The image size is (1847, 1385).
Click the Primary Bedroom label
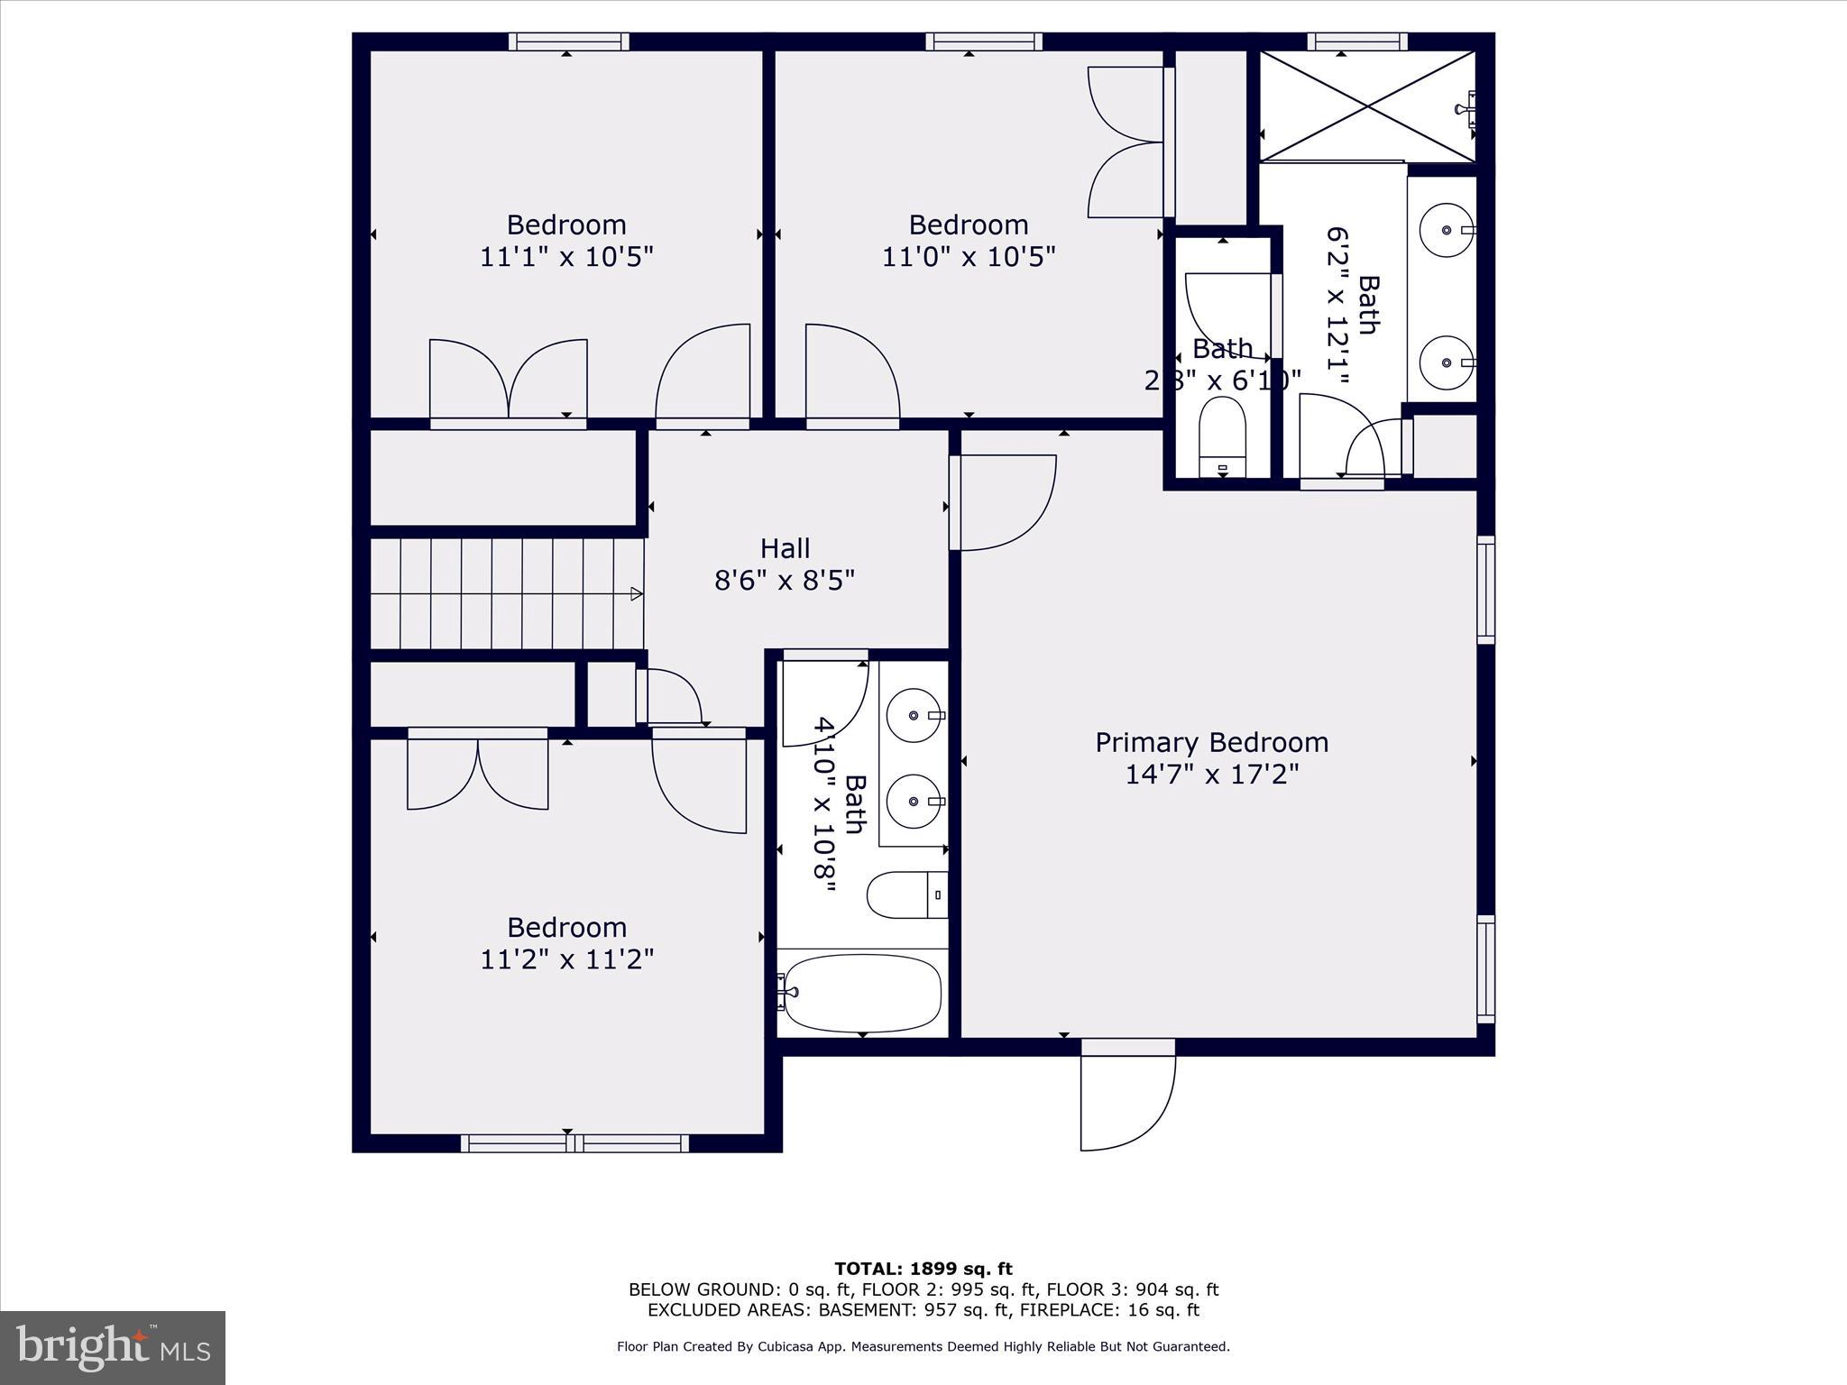pos(1211,742)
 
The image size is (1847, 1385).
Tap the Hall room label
pos(785,548)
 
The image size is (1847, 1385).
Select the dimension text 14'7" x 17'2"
pos(1211,775)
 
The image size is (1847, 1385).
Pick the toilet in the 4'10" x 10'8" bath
pos(905,894)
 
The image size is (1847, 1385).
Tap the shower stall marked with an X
pos(1367,106)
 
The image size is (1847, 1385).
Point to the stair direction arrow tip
pos(639,593)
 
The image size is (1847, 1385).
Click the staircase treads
pos(505,593)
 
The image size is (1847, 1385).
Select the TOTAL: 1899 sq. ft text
pos(923,1269)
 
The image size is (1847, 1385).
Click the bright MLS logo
pos(113,1348)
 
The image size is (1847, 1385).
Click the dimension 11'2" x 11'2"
pos(566,959)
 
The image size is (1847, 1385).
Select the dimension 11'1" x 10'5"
pos(566,257)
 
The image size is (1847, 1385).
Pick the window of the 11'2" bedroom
pos(574,1143)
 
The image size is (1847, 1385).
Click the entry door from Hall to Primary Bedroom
pos(1001,502)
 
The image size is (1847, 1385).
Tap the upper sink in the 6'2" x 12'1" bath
pos(1446,230)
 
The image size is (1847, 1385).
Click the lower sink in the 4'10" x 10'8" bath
pos(914,801)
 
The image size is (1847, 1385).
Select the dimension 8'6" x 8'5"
pos(785,580)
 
